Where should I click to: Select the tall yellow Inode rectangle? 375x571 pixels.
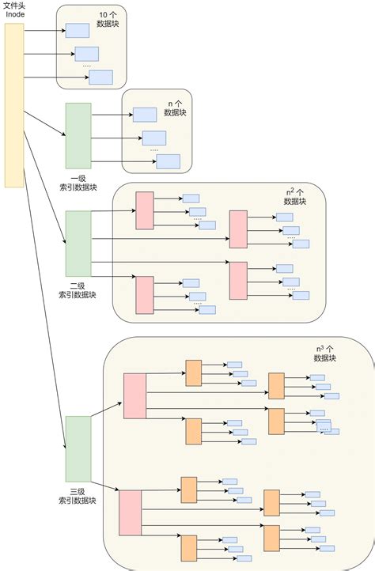(x=14, y=104)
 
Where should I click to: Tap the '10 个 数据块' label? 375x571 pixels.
(x=109, y=20)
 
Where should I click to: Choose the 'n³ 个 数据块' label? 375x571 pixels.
(x=325, y=353)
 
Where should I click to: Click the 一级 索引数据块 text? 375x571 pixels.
(x=78, y=183)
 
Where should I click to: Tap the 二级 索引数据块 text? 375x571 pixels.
(x=78, y=289)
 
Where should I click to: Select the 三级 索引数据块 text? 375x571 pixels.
(x=78, y=495)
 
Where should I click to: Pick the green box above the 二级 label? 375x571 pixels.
(x=78, y=243)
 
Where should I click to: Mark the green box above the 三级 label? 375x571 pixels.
(x=78, y=448)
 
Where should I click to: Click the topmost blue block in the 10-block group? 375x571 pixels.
(x=77, y=30)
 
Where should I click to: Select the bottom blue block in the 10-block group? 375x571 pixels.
(x=100, y=77)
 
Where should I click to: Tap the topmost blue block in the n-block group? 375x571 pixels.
(x=144, y=115)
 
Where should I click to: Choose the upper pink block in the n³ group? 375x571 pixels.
(x=134, y=395)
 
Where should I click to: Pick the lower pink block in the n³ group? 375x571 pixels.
(x=130, y=512)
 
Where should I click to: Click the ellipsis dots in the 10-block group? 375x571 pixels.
(x=87, y=66)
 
